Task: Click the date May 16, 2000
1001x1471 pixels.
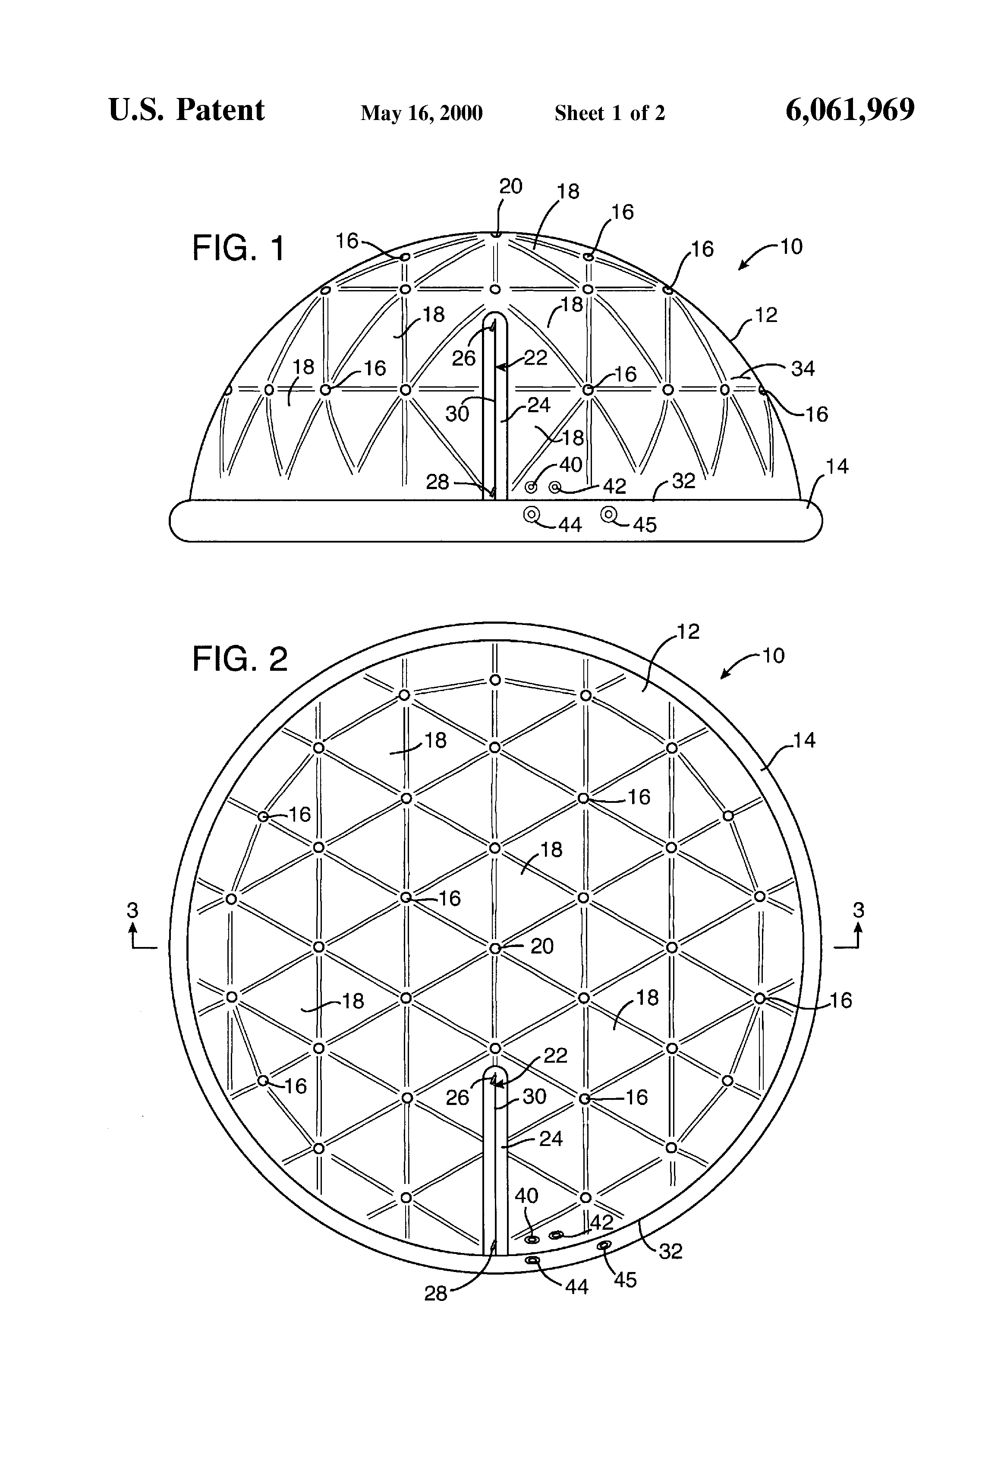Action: [x=422, y=113]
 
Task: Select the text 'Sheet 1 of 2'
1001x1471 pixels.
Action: [x=609, y=113]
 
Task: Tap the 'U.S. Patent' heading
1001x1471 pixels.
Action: [x=187, y=110]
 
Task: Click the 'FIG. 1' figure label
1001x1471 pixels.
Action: [x=239, y=248]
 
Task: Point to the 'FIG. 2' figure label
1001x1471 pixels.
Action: [x=240, y=660]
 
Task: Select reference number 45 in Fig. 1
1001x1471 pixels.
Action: [x=644, y=525]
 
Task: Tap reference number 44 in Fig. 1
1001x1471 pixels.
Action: [x=570, y=525]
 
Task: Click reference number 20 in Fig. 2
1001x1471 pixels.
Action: [x=541, y=946]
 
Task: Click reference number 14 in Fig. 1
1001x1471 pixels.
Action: [x=837, y=467]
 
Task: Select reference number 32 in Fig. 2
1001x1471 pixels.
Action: [x=670, y=1251]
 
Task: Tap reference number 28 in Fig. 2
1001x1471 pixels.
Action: [x=435, y=1293]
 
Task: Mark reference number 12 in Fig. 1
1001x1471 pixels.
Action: [x=765, y=315]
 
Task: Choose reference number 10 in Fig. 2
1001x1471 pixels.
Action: [x=773, y=655]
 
